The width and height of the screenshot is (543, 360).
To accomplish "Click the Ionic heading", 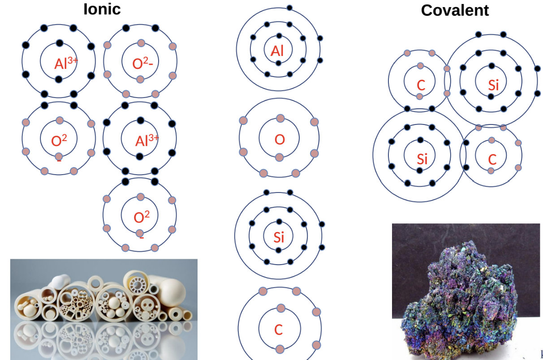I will [102, 9].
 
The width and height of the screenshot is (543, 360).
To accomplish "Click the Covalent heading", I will [455, 10].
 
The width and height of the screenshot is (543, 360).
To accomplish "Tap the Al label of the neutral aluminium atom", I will [277, 51].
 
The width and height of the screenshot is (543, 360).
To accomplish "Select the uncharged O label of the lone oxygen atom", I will [280, 140].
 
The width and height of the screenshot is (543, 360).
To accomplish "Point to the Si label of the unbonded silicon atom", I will [279, 237].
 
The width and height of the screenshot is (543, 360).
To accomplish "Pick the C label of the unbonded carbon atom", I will [278, 330].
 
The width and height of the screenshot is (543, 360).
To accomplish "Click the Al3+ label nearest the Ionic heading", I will [65, 63].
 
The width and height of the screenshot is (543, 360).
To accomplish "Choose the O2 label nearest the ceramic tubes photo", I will [142, 218].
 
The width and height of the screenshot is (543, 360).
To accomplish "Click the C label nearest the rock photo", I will [492, 159].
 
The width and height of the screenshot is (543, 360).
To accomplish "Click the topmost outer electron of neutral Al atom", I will [289, 8].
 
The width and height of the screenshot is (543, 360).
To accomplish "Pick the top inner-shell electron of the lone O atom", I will [280, 118].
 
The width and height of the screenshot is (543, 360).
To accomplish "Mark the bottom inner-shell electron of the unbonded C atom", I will [280, 349].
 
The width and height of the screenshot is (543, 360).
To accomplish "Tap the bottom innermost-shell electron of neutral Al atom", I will [278, 63].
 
